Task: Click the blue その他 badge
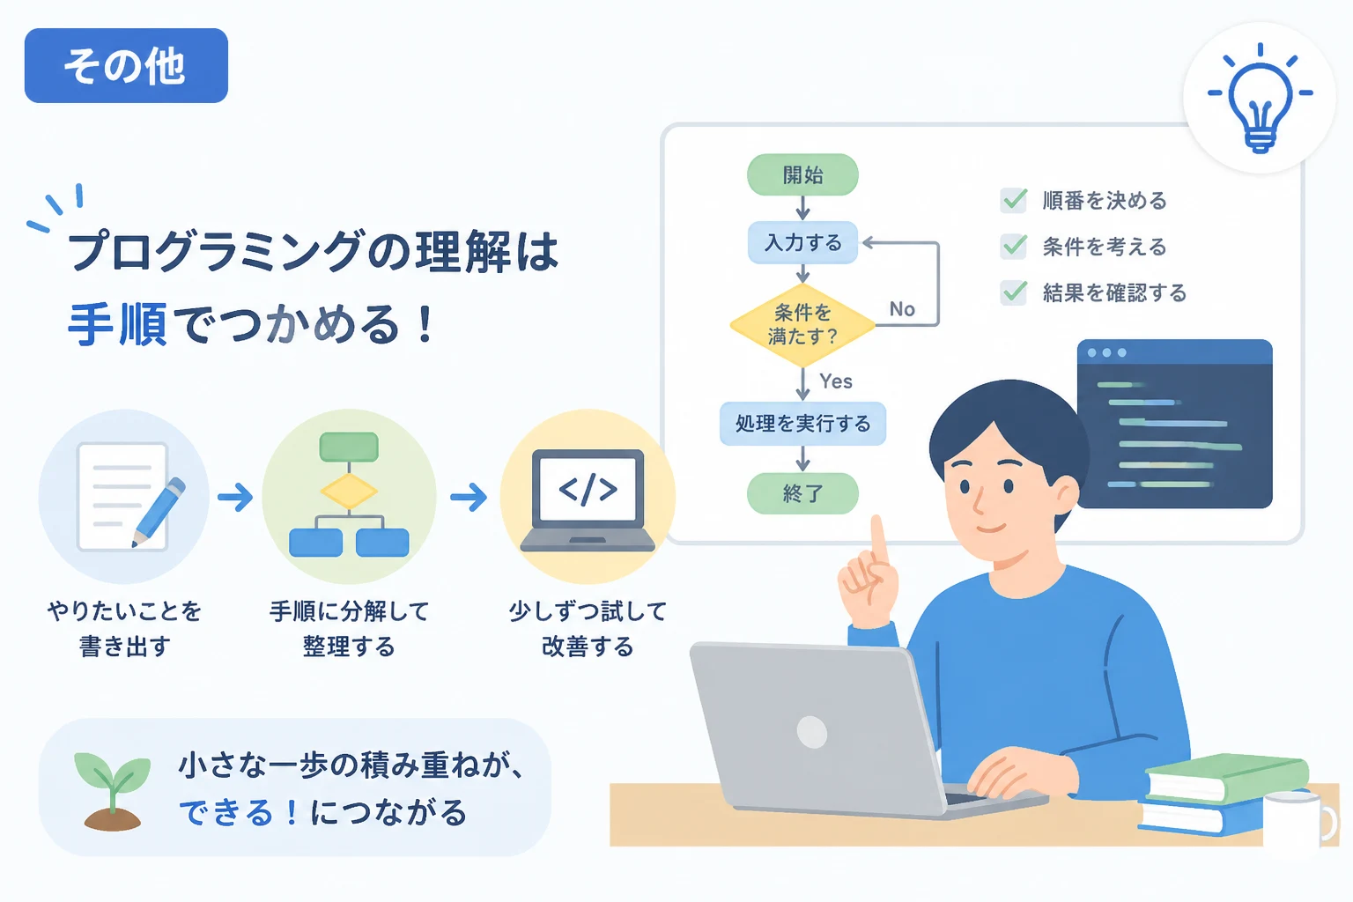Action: (126, 65)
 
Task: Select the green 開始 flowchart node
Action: (802, 174)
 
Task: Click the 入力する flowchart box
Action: (802, 242)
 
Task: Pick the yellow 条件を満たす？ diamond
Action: (802, 325)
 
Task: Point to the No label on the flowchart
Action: (902, 308)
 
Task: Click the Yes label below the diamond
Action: (836, 381)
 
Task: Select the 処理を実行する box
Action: (802, 424)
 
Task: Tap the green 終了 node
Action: (802, 493)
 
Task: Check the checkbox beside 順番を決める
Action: (1014, 200)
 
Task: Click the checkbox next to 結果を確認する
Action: (1014, 292)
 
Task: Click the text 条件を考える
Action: (1104, 247)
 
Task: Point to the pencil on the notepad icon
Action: (159, 513)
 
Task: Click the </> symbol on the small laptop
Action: (588, 489)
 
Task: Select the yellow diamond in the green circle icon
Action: (349, 491)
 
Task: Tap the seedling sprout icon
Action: (113, 791)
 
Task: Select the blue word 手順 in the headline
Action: (117, 325)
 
